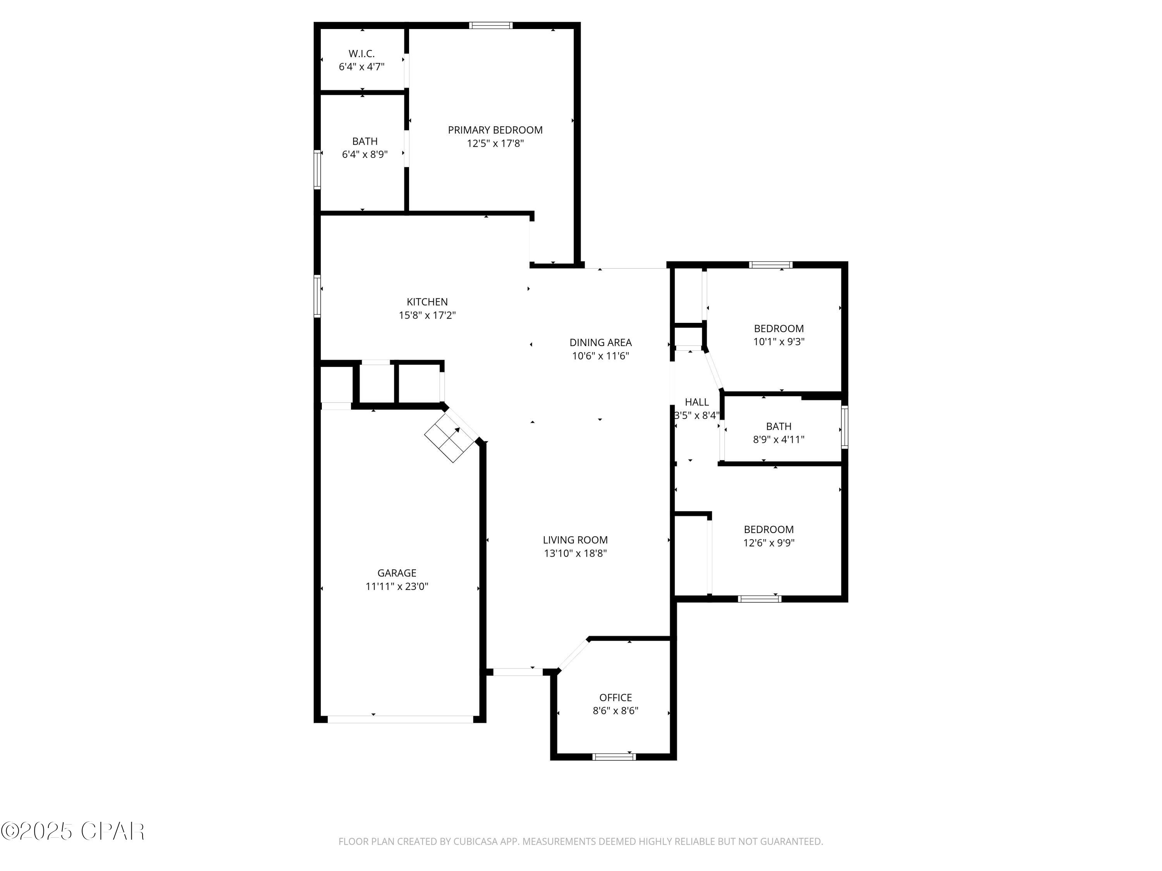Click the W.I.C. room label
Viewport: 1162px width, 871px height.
pyautogui.click(x=361, y=53)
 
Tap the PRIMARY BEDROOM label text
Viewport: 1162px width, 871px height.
pyautogui.click(x=495, y=130)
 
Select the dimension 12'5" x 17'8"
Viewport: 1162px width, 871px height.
pyautogui.click(x=495, y=143)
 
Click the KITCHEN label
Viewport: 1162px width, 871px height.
pyautogui.click(x=427, y=302)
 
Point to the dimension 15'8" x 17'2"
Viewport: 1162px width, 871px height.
pyautogui.click(x=427, y=315)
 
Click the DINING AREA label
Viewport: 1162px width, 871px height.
pyautogui.click(x=600, y=342)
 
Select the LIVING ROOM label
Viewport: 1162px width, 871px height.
pyautogui.click(x=575, y=540)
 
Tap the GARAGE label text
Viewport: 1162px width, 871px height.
pyautogui.click(x=397, y=573)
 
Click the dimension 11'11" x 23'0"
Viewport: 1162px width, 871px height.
pyautogui.click(x=397, y=586)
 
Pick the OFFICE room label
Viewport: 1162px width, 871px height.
pyautogui.click(x=615, y=697)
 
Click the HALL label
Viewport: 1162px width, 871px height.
pyautogui.click(x=696, y=402)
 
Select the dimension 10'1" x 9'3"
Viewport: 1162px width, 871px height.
pyautogui.click(x=779, y=342)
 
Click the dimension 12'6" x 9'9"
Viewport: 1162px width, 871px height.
pyautogui.click(x=768, y=543)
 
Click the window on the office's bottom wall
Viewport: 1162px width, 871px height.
pyautogui.click(x=614, y=756)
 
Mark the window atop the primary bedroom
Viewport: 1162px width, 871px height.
pyautogui.click(x=491, y=25)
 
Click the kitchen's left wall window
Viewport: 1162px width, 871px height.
pyautogui.click(x=317, y=296)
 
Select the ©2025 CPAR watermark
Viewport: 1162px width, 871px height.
pyautogui.click(x=72, y=832)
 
